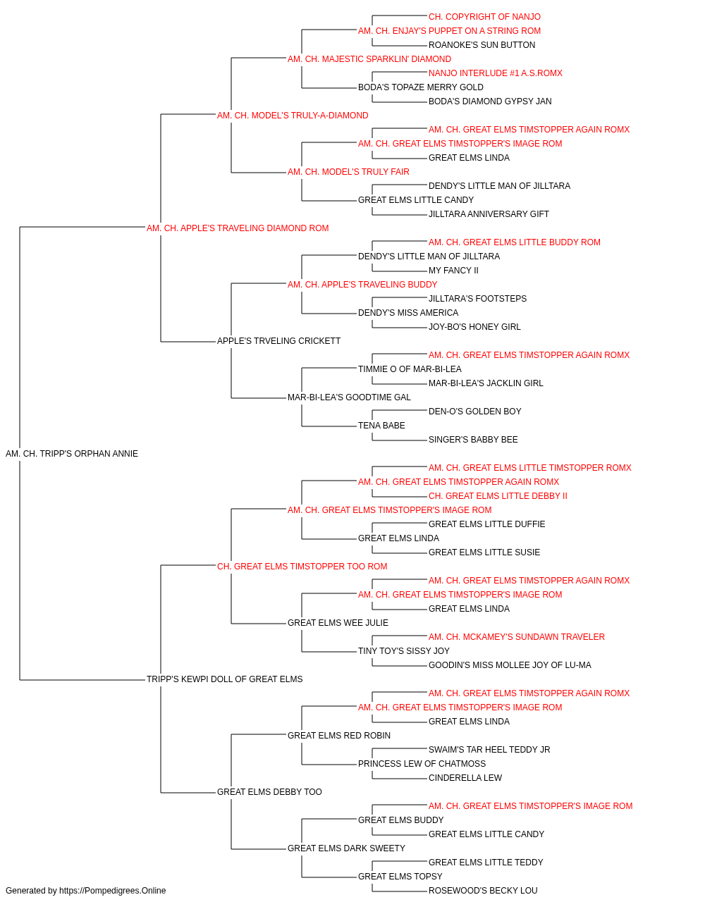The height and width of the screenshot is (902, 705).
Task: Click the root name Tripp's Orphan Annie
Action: point(72,454)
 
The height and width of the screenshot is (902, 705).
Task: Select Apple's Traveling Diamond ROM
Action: point(238,228)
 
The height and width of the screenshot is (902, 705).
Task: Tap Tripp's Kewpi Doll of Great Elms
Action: point(225,679)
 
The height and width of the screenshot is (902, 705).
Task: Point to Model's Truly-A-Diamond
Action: point(293,116)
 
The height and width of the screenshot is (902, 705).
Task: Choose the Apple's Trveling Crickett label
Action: point(278,341)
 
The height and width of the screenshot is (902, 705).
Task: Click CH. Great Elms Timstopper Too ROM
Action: point(302,566)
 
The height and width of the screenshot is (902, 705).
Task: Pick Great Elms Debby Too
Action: point(269,792)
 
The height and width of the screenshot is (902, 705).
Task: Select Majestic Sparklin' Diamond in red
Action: point(369,59)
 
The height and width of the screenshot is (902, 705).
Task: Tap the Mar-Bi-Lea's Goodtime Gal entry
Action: point(349,397)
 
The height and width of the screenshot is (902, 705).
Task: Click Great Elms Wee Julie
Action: point(338,623)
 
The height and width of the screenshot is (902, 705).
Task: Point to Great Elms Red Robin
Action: point(339,736)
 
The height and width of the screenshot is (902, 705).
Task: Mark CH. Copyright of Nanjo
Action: point(484,17)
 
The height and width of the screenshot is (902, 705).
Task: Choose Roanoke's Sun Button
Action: point(482,45)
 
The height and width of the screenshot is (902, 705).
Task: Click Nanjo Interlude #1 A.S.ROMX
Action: point(496,73)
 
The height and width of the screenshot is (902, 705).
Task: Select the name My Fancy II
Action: point(453,270)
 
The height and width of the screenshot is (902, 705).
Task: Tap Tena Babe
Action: point(381,426)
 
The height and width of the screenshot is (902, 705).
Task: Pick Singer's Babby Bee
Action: point(473,440)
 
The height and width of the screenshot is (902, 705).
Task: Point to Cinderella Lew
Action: point(465,778)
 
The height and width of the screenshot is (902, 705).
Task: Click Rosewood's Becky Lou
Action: point(484,891)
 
